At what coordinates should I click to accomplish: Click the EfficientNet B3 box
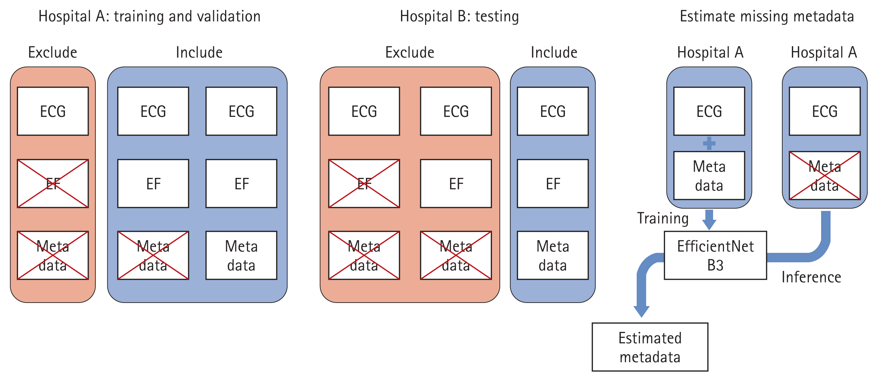715,255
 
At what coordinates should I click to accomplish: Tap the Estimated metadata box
650,347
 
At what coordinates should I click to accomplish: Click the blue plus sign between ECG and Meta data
709,143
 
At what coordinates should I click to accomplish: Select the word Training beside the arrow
663,218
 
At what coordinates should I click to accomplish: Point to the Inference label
811,277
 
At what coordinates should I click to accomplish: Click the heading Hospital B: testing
459,16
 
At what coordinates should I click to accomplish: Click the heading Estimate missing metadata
767,16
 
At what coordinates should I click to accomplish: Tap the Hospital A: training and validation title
149,16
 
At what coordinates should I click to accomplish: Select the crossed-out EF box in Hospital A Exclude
53,183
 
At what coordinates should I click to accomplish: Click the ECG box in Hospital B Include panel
553,111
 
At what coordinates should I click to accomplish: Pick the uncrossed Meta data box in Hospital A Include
241,255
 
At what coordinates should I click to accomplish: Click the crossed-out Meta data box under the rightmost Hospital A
825,175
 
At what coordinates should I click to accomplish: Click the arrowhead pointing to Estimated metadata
642,311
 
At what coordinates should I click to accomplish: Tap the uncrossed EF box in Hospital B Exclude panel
456,183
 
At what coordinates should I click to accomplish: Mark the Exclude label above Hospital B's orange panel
410,52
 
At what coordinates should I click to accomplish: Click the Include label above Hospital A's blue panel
199,52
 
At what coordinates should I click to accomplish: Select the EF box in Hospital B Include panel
553,183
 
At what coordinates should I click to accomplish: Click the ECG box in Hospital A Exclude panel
53,111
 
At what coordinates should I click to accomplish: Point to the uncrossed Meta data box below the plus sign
709,175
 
